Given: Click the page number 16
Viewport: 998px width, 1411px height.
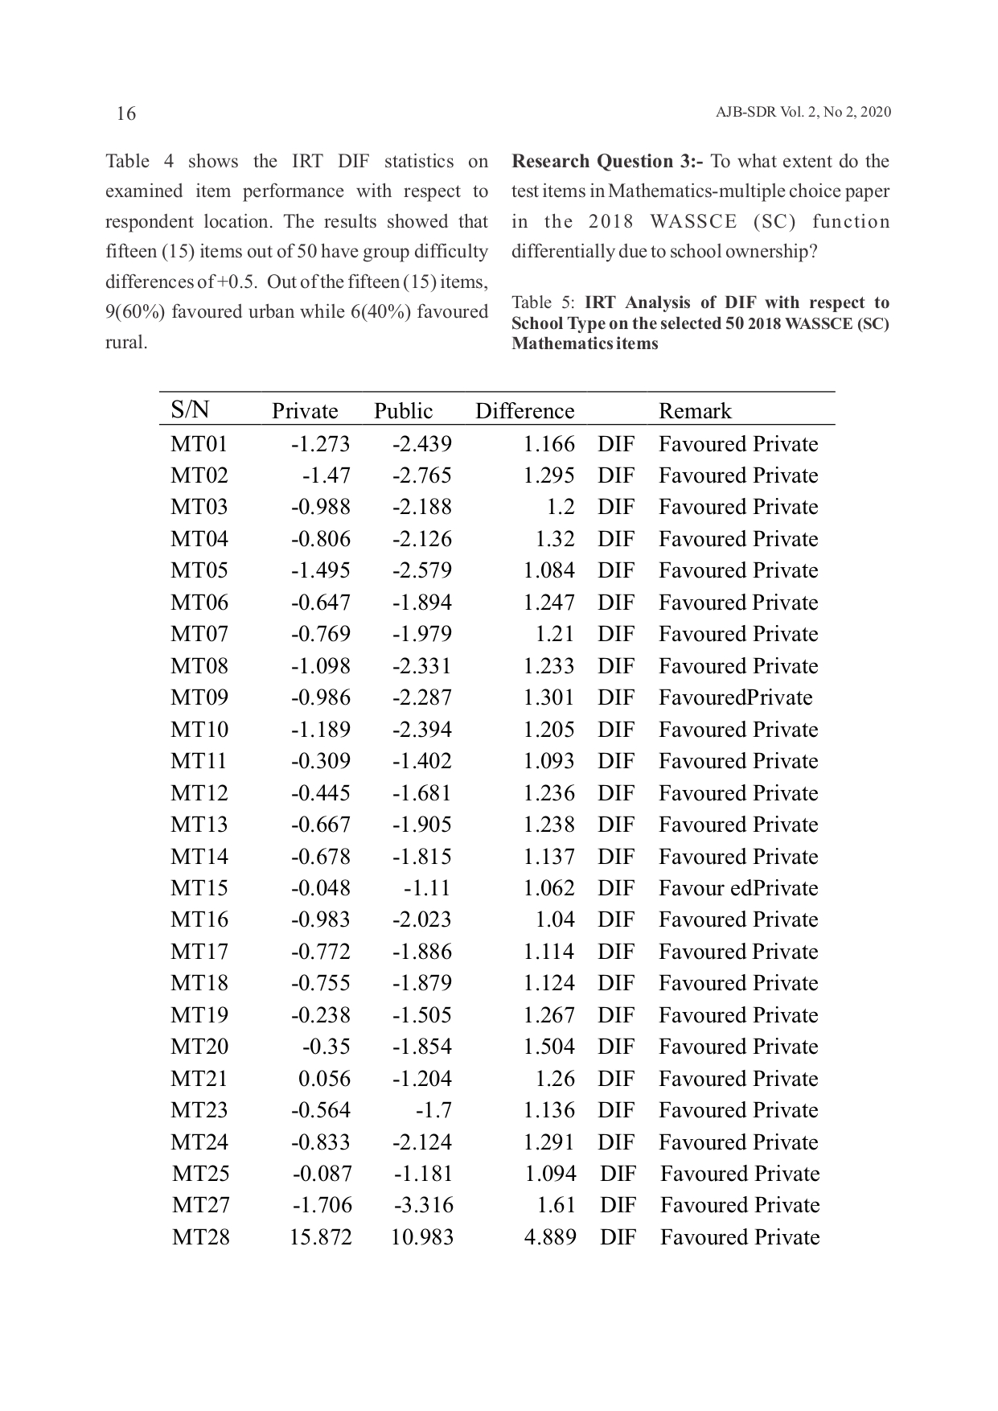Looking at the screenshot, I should [x=126, y=113].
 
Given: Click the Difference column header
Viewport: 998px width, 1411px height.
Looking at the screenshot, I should [x=524, y=411].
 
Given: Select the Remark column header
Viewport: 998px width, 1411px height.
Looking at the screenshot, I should [x=695, y=411].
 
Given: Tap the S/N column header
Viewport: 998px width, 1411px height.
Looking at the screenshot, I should [x=190, y=409].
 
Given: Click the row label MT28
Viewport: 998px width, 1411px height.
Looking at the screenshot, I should [x=200, y=1237].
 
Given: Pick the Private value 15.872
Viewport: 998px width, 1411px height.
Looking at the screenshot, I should [x=320, y=1237].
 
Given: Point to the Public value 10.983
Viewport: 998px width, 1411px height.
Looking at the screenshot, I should [x=421, y=1237].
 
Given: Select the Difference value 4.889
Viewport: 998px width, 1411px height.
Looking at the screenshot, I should [x=549, y=1237].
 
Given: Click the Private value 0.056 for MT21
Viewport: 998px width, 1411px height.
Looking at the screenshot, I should [x=324, y=1079].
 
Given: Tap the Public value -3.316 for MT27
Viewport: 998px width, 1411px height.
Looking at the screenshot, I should [x=423, y=1205].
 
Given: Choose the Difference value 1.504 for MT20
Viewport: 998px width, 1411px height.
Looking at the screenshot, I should [x=548, y=1047].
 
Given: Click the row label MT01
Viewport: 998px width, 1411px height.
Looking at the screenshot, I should [x=199, y=444].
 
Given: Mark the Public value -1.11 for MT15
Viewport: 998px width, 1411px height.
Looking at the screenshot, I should [x=427, y=888].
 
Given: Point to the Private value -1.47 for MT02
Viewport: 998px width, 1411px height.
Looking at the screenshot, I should [x=326, y=475].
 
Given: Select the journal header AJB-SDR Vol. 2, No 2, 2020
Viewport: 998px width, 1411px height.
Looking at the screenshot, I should [x=803, y=113].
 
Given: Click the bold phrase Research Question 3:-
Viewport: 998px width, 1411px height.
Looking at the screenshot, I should [x=607, y=162].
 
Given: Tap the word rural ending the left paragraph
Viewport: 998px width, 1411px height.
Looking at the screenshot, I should [x=126, y=343].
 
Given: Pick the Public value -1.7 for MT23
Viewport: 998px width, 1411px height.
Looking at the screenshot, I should [x=433, y=1110].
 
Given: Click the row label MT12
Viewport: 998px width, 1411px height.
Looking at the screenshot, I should [x=199, y=793].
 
